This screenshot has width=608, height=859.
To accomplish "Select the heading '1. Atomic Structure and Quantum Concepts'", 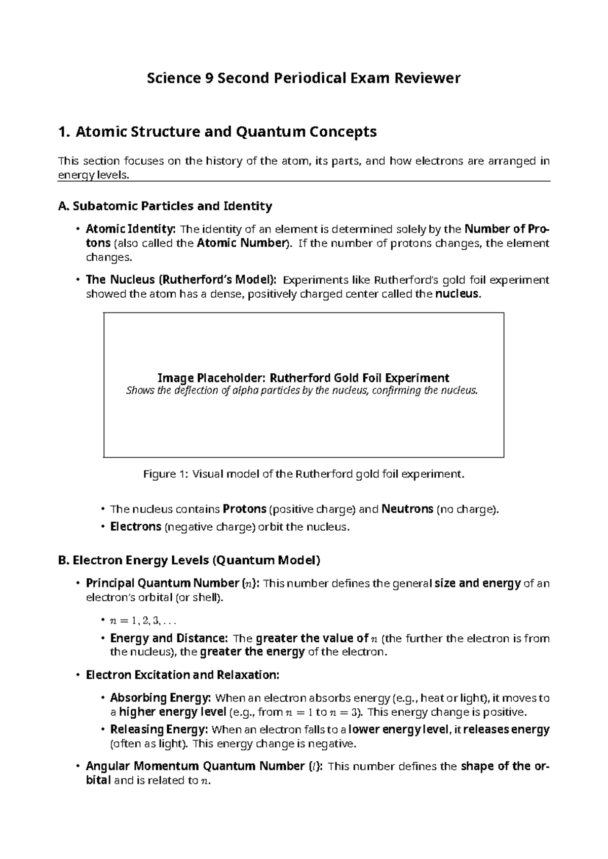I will [217, 132].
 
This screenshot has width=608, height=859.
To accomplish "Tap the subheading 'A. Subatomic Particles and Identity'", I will [165, 206].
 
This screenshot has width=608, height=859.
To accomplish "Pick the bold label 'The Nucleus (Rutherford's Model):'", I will [181, 280].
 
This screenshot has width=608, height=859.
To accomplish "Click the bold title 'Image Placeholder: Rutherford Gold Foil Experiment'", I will [303, 378].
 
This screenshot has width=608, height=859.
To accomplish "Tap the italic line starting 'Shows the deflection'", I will [301, 391].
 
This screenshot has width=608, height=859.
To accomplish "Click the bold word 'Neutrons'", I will [407, 509].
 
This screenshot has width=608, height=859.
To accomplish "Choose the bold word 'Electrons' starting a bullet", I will [135, 527].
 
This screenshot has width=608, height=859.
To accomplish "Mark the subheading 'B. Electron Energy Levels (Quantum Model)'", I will [189, 560].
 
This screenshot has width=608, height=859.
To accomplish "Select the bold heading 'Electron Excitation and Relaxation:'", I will [182, 675].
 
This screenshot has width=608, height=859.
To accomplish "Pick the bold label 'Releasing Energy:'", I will [159, 730].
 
